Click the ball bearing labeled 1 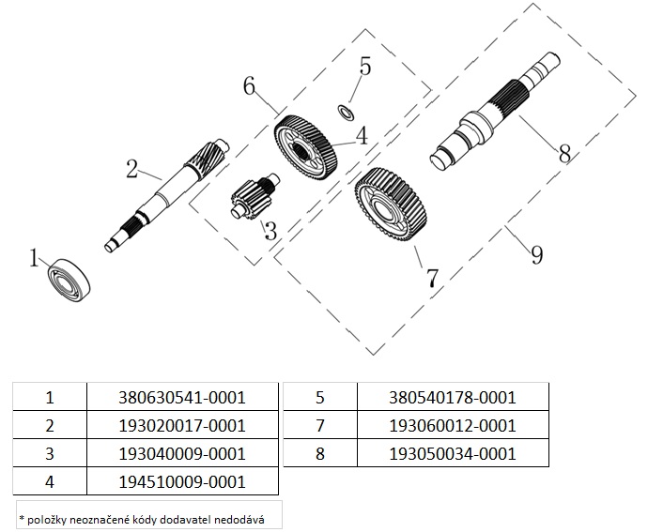70,278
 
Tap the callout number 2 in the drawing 132,169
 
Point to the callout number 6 249,85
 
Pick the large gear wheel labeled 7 391,209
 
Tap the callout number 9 536,253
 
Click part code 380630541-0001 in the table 183,397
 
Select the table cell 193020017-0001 183,425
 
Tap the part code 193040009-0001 183,454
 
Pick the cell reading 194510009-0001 183,482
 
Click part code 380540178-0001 452,397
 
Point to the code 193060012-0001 452,425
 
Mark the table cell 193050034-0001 452,454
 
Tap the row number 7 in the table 321,425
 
